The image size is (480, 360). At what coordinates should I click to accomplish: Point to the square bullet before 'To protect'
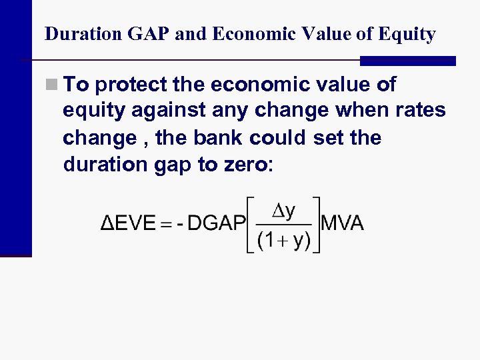coord(51,85)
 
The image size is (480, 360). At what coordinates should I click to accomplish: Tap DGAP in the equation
coord(217,223)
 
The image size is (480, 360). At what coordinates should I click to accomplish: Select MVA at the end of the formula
coord(343,223)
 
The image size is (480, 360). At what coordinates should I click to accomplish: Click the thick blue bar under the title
coord(407,61)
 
